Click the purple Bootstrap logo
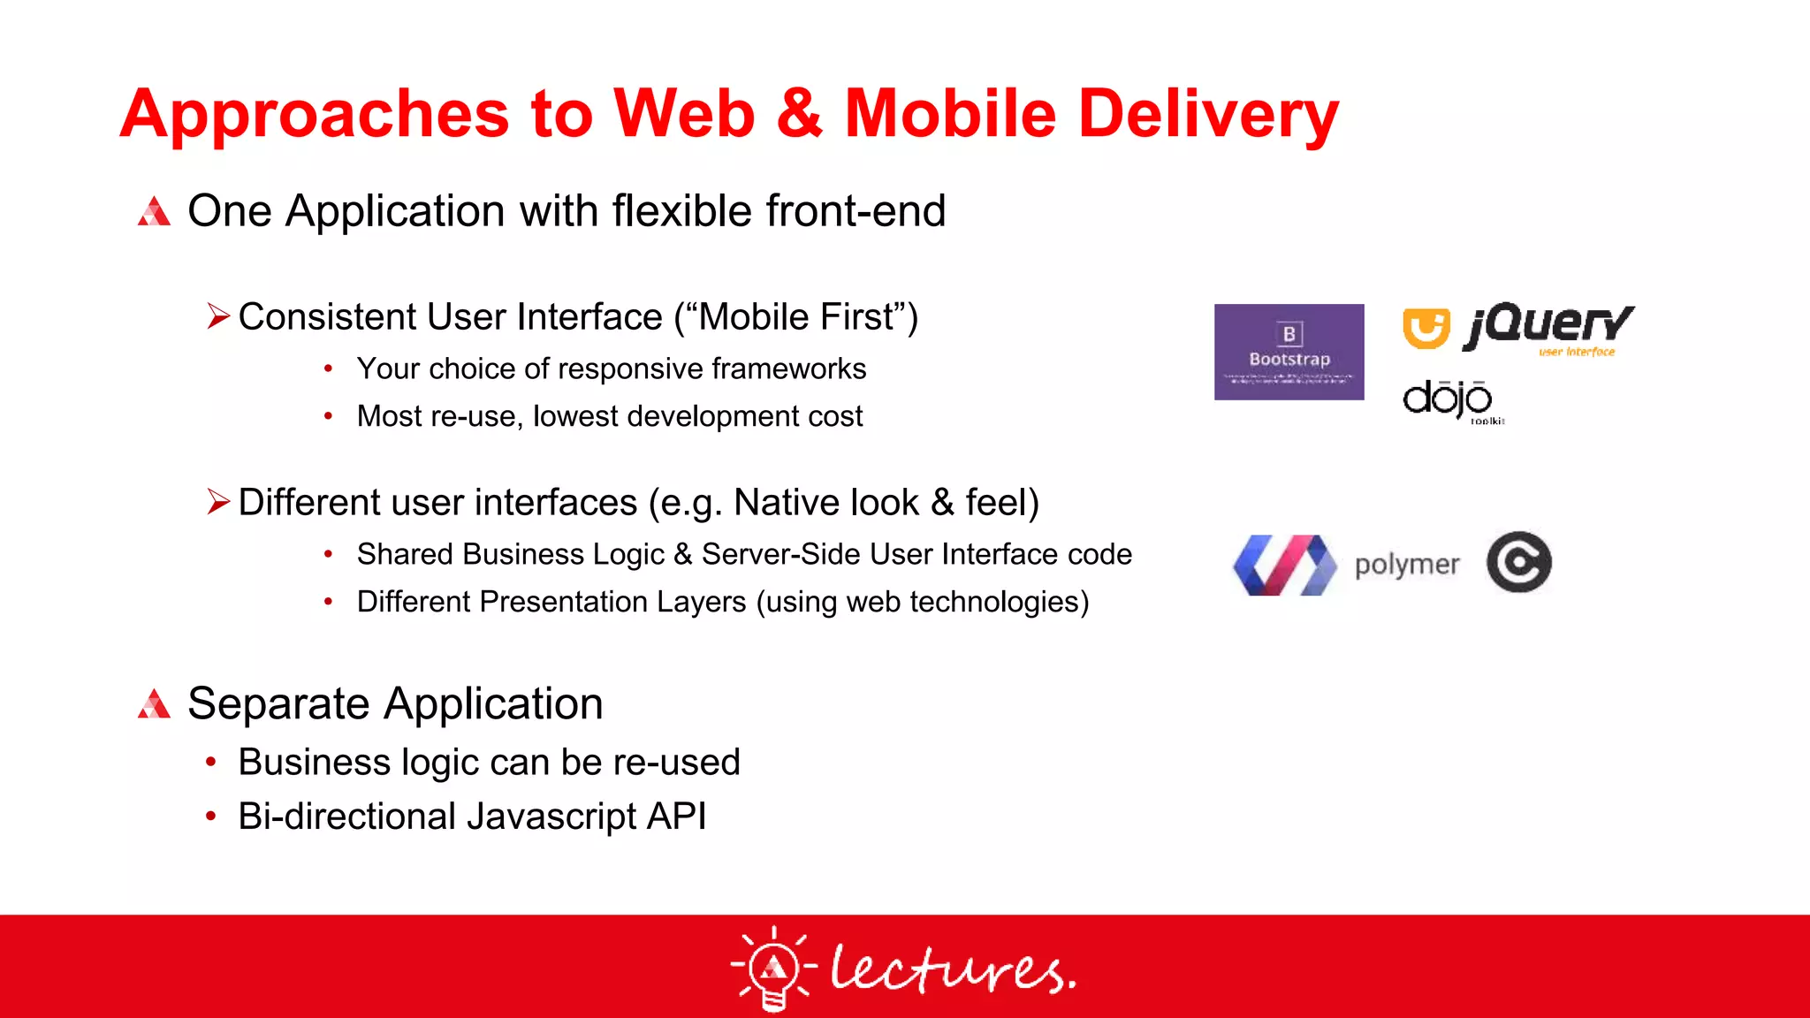click(1289, 352)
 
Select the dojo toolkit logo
click(1449, 400)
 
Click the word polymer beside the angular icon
click(1406, 564)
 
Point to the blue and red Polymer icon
click(1285, 565)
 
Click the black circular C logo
click(1518, 562)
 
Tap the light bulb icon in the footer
click(773, 968)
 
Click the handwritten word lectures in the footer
click(952, 969)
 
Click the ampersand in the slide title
click(800, 114)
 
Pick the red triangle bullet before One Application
click(154, 211)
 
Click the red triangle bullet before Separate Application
click(154, 704)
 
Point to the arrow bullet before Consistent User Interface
click(217, 315)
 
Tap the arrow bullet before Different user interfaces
click(217, 501)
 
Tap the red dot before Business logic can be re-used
click(210, 762)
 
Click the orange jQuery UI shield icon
click(1426, 328)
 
